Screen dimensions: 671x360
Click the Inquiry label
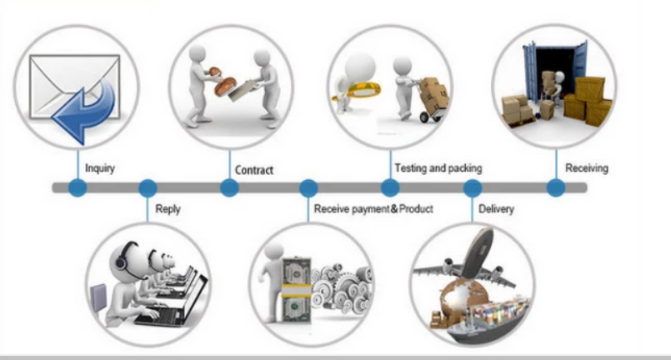100,169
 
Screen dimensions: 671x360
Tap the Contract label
253,170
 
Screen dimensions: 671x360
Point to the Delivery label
496,208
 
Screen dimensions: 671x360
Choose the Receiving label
587,168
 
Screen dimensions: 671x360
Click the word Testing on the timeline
410,168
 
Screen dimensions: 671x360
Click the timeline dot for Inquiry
77,187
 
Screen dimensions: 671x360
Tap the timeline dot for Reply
148,187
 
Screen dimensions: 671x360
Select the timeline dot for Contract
228,187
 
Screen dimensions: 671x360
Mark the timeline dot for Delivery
473,187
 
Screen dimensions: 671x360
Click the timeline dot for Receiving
554,187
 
